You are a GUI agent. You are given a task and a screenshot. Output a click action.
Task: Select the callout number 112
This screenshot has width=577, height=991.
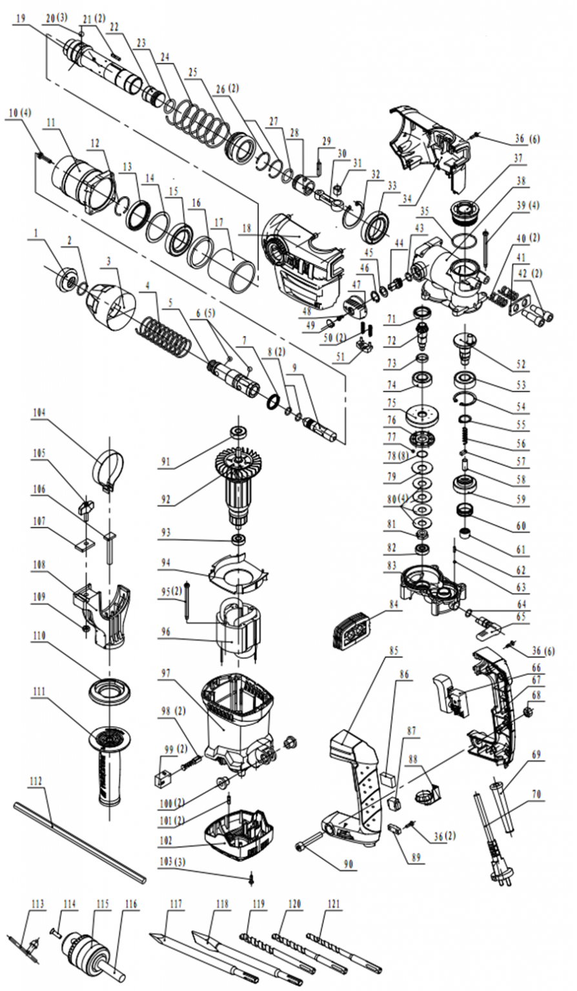click(x=35, y=781)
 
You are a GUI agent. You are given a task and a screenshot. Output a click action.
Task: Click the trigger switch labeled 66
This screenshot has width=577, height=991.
click(x=452, y=692)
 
